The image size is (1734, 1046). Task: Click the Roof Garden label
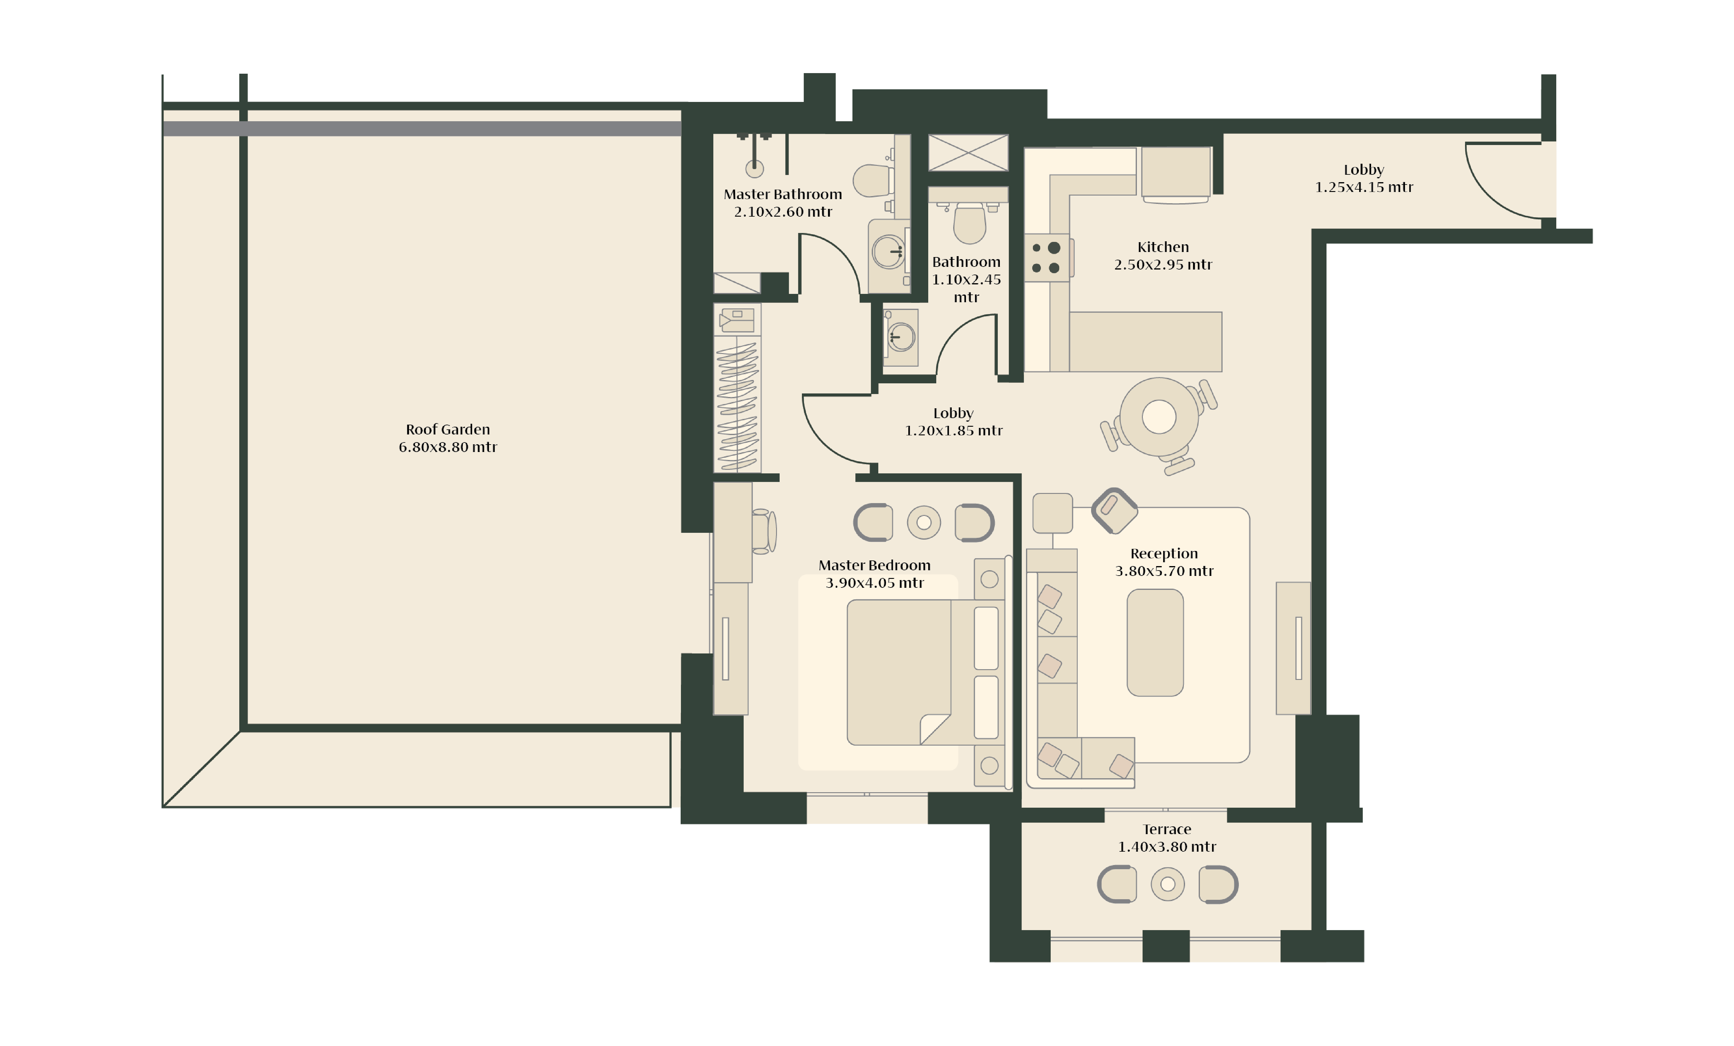(448, 429)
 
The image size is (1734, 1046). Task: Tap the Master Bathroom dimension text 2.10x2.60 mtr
(783, 212)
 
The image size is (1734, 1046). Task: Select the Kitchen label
(1163, 247)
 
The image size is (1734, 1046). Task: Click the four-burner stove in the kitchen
(1047, 257)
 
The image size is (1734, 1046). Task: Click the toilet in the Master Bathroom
(873, 180)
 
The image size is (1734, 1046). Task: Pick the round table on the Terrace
(1167, 884)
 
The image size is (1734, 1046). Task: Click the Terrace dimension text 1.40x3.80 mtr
(1167, 847)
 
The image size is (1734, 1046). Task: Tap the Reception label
(1164, 554)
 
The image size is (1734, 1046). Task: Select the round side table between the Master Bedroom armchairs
(924, 523)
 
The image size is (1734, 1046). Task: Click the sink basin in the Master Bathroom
(889, 251)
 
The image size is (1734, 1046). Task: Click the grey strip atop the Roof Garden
(422, 129)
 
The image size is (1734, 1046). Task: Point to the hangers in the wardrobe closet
(737, 406)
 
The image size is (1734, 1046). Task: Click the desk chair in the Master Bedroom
(764, 531)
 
